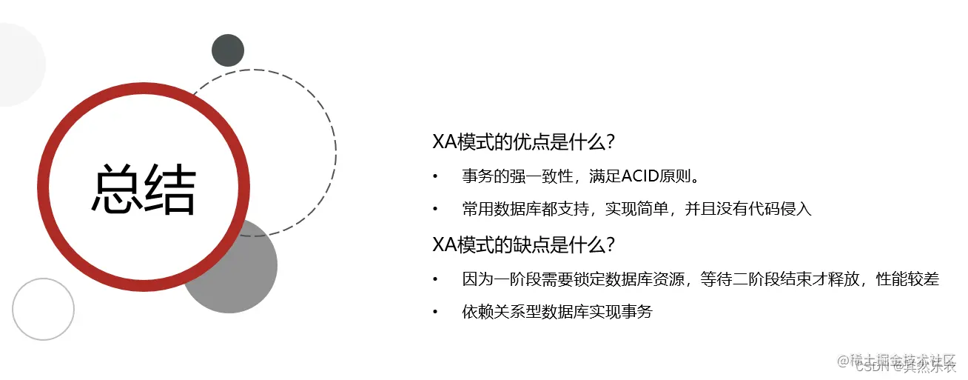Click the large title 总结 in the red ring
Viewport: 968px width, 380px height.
(144, 190)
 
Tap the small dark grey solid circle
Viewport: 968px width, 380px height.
(228, 50)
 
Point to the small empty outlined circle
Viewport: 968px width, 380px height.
(43, 309)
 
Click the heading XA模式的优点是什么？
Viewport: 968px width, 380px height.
(525, 141)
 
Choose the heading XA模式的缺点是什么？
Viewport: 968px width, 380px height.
(525, 244)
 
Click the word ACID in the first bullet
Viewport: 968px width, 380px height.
(642, 176)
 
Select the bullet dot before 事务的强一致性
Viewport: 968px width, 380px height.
(436, 176)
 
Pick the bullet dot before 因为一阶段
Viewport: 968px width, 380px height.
(436, 279)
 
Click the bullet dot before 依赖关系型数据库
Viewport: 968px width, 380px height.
(436, 312)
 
